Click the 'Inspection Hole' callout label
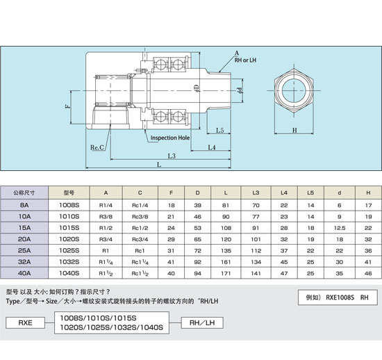click(x=170, y=138)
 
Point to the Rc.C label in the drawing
click(x=97, y=147)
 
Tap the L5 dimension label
click(x=220, y=131)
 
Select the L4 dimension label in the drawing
click(x=212, y=147)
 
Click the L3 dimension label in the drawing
click(x=172, y=156)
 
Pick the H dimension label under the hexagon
click(x=294, y=131)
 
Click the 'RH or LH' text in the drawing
click(x=245, y=60)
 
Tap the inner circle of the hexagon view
click(x=294, y=79)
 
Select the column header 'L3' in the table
click(x=256, y=193)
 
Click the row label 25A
click(x=24, y=251)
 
